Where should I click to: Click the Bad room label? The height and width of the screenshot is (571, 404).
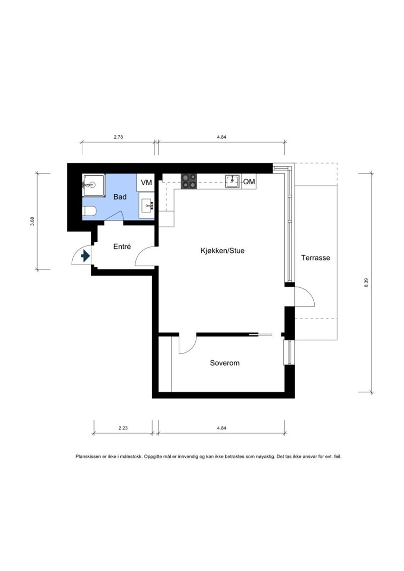click(120, 197)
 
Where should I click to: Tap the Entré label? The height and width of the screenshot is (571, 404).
click(122, 247)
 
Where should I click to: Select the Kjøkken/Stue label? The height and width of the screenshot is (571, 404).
click(222, 250)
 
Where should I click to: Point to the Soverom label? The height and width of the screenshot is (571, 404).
click(225, 363)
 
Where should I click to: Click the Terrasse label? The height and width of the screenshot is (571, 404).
click(316, 258)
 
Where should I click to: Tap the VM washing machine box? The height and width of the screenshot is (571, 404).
click(146, 182)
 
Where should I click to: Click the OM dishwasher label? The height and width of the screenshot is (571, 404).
click(249, 182)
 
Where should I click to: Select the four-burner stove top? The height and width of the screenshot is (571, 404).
click(189, 181)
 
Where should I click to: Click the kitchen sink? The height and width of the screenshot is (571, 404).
click(232, 181)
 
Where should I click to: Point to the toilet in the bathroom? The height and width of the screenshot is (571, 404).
click(89, 211)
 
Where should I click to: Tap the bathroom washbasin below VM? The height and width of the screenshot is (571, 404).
click(147, 205)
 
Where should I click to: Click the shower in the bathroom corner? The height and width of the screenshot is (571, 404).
click(94, 185)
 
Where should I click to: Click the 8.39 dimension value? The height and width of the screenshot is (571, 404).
click(366, 283)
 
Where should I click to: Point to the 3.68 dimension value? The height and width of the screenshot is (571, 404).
click(32, 221)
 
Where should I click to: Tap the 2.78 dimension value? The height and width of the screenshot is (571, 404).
click(118, 137)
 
